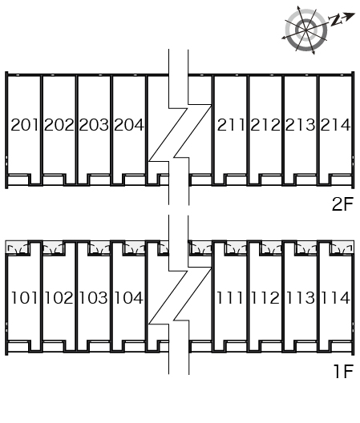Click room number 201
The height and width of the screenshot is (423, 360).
pos(25,125)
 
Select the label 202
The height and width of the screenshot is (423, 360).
pos(59,125)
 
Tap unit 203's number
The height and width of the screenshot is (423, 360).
pos(94,125)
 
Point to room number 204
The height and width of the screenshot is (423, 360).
pos(129,125)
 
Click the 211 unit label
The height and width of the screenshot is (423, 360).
pos(231,125)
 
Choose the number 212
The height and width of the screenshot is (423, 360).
pos(265,125)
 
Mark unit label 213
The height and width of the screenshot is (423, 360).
pos(300,125)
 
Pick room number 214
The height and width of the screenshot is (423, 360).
pos(335,125)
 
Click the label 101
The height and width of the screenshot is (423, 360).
pos(24,297)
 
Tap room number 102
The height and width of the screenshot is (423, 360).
pos(59,297)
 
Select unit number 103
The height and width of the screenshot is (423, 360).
pos(94,297)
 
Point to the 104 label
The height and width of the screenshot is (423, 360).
pos(128,297)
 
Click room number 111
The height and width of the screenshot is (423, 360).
pos(230,297)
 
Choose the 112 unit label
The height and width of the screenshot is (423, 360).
pos(265,297)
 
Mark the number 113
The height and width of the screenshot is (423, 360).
pos(300,297)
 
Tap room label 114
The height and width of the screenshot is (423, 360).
pos(335,297)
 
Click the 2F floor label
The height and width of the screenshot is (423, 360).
pos(342,204)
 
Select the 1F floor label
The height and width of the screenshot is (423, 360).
pos(343,371)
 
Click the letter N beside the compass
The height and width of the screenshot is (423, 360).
pos(335,20)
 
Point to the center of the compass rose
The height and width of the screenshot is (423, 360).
pos(306,30)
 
